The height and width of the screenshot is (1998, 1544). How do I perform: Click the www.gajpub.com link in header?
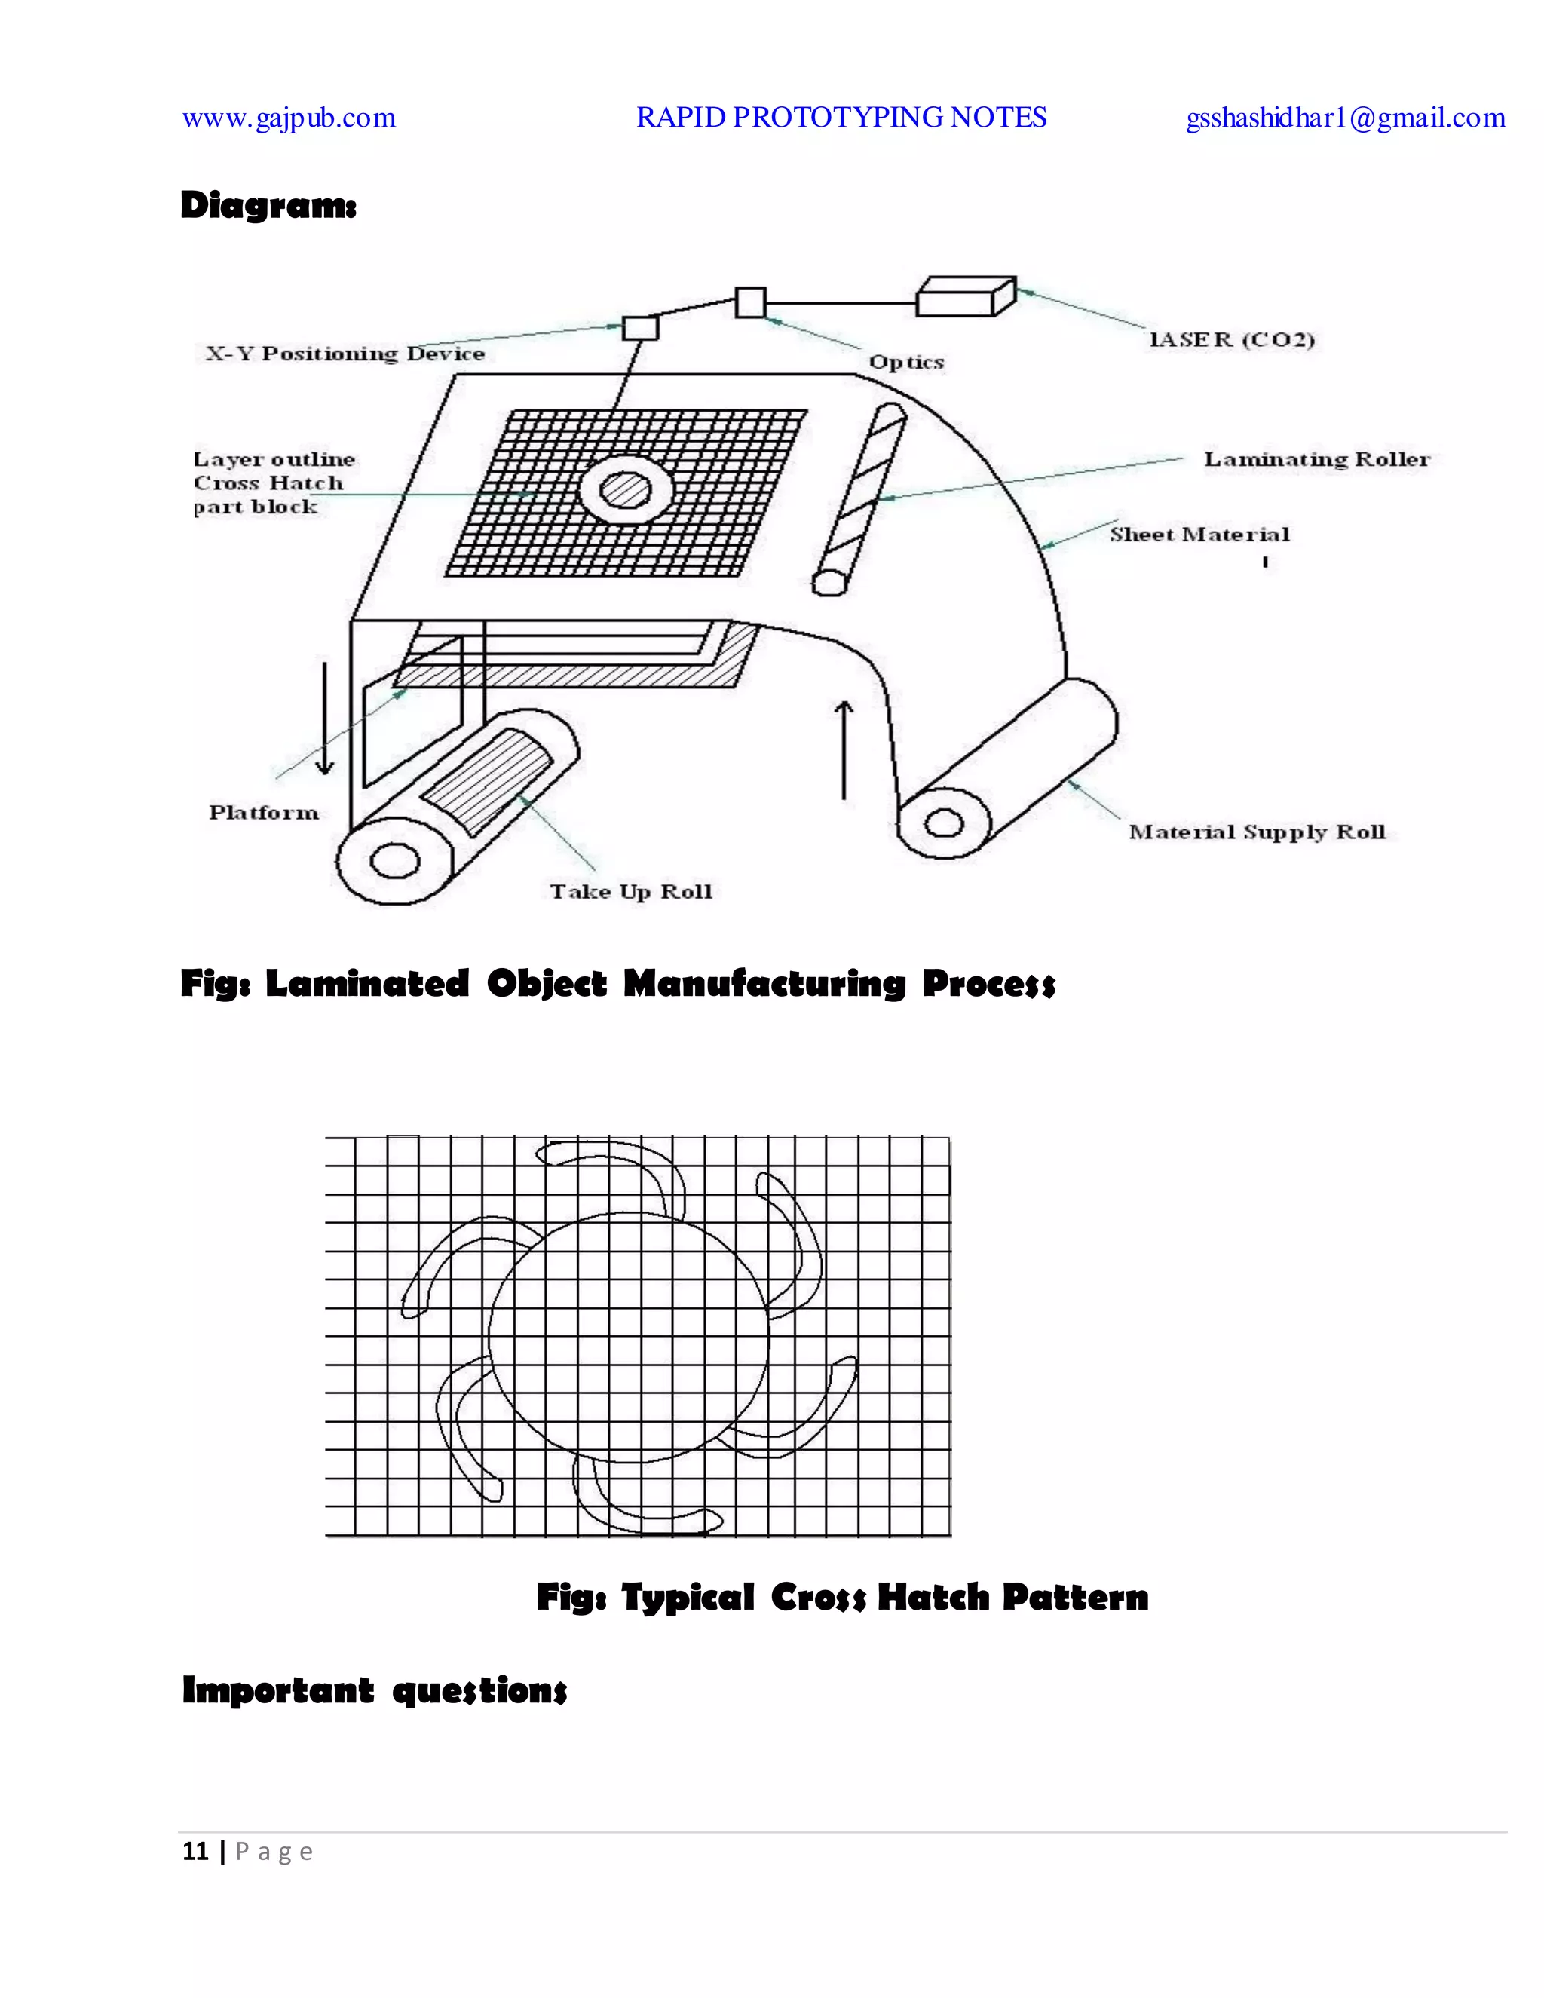[x=289, y=118]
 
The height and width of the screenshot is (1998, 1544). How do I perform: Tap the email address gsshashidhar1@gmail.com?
[x=1345, y=118]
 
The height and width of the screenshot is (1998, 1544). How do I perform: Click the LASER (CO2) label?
[x=1231, y=340]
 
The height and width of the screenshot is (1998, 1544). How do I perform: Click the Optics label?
[x=905, y=362]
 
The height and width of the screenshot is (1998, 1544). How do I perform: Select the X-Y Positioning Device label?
[x=344, y=354]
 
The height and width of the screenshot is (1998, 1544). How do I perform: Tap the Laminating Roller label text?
[x=1316, y=459]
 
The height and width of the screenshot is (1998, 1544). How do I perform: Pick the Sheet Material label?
[x=1199, y=535]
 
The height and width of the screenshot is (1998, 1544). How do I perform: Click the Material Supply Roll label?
[x=1256, y=832]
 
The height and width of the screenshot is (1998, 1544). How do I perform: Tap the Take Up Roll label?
[x=630, y=892]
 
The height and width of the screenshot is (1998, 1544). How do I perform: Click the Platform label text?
[x=263, y=812]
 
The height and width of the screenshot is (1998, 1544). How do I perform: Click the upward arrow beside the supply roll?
[x=844, y=749]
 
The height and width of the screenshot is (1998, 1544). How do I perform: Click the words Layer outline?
[x=274, y=459]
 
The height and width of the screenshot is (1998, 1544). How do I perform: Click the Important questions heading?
[x=374, y=1690]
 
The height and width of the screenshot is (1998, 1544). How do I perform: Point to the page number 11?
[x=195, y=1852]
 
